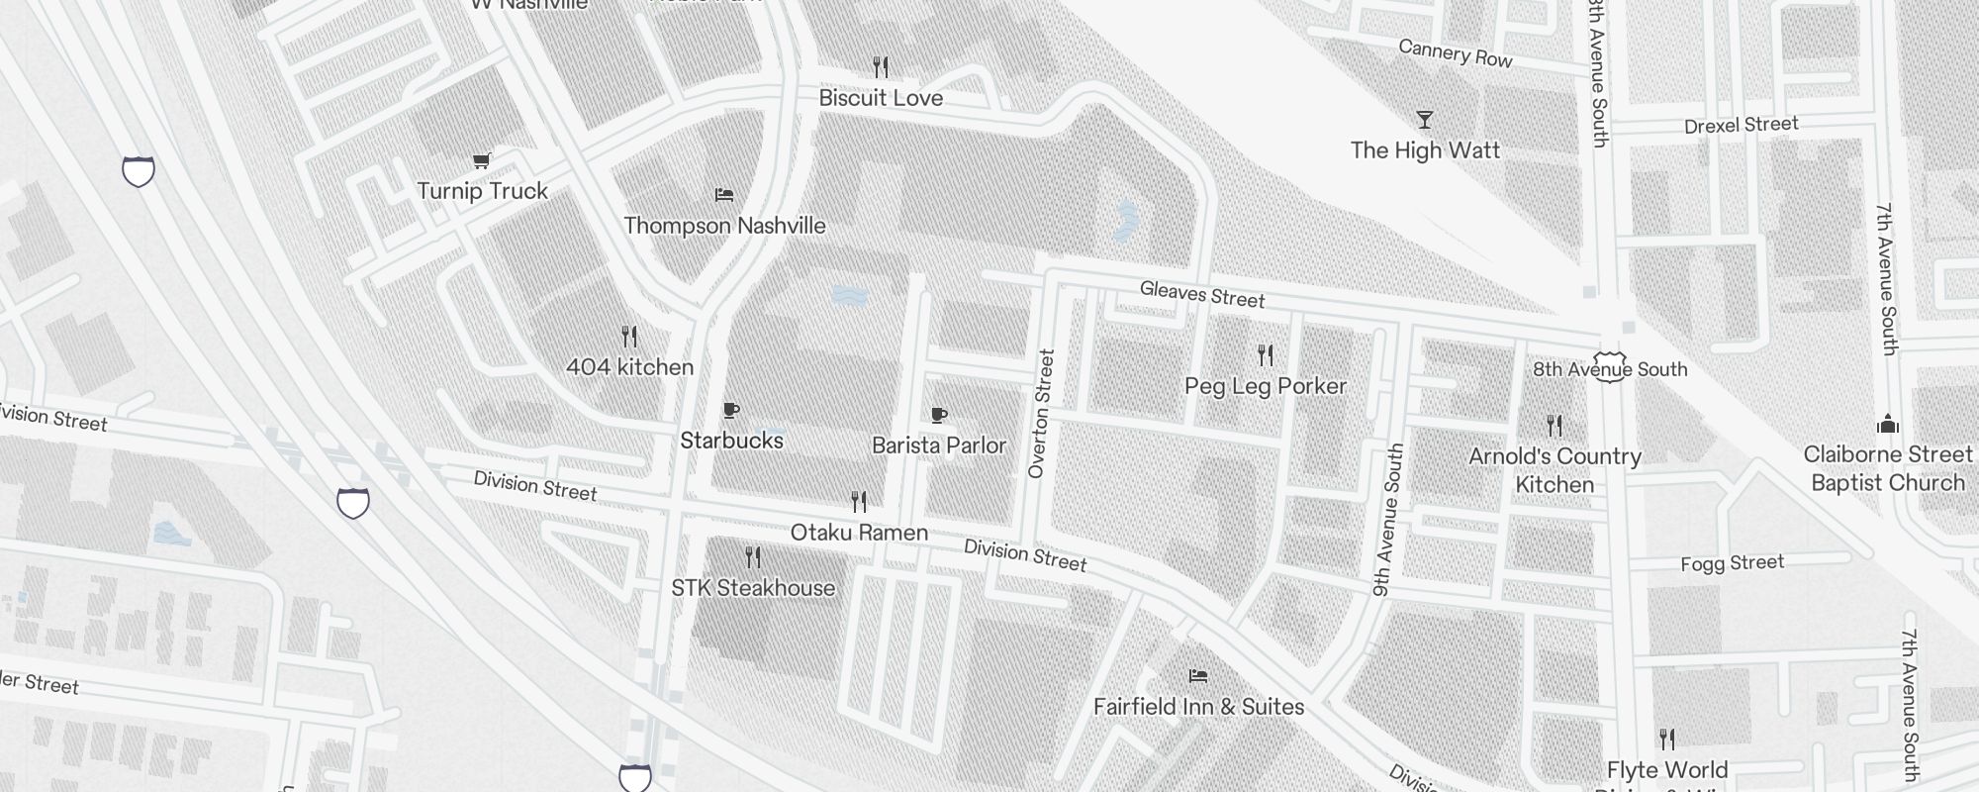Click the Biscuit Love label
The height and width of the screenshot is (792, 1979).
tap(881, 98)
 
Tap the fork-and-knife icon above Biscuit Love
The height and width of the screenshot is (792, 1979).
tap(881, 66)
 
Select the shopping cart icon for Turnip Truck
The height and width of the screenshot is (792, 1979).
tap(482, 160)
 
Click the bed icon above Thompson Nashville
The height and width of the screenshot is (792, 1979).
tap(724, 195)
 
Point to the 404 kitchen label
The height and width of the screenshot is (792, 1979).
tap(629, 367)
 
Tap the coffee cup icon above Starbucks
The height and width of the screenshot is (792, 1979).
tap(731, 411)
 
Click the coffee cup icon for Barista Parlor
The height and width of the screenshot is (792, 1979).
tap(939, 415)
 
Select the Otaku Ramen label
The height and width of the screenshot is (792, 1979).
tap(859, 533)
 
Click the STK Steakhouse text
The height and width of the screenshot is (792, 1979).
tap(753, 588)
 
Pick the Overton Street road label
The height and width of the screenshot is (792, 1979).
tap(1042, 414)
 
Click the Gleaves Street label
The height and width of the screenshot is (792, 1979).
tap(1202, 294)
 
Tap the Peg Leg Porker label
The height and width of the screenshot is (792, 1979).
tap(1266, 386)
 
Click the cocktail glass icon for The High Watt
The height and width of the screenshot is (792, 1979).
tap(1425, 120)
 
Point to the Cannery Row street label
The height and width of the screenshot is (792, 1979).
tap(1455, 53)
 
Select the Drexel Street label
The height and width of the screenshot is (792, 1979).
tap(1741, 126)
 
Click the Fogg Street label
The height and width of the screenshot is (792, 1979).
tap(1732, 564)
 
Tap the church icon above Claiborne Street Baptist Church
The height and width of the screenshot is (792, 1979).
tap(1888, 425)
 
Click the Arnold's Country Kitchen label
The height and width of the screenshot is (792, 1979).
tap(1555, 470)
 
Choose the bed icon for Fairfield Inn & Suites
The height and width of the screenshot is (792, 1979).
tap(1198, 676)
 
